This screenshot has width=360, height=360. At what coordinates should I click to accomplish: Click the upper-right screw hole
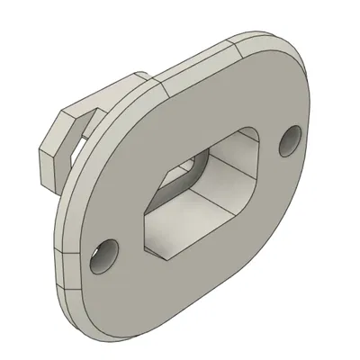(291, 140)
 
